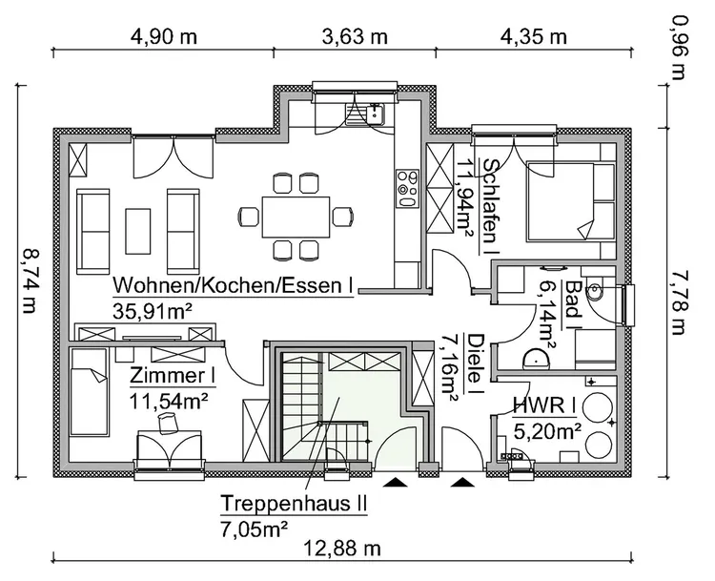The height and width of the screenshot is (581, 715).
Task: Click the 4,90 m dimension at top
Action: (164, 37)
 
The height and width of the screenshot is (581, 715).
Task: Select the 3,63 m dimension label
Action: (357, 37)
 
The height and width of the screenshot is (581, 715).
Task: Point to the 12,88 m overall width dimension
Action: (343, 550)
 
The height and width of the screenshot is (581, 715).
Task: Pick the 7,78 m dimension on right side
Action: (679, 301)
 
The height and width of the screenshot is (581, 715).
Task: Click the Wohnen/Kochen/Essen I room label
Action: (234, 285)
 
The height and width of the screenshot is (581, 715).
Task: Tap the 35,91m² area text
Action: (155, 311)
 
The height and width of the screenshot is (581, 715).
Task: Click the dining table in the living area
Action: (296, 216)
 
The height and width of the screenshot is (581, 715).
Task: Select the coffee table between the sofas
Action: (138, 230)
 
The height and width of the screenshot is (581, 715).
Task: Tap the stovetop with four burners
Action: (407, 188)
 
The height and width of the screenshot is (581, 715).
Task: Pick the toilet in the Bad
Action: (599, 292)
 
